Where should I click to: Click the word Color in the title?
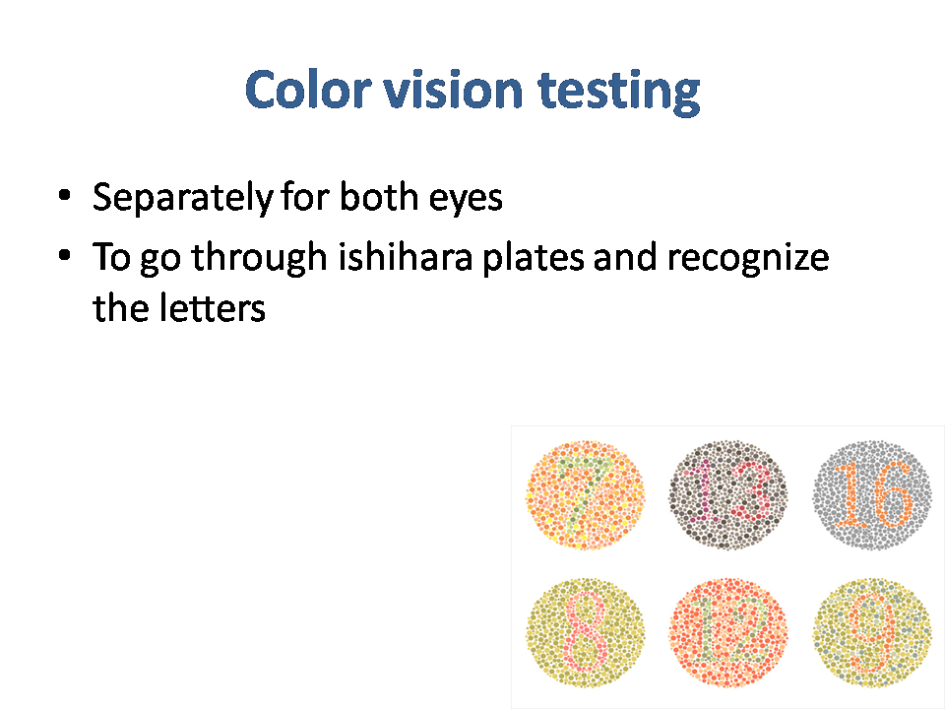(x=307, y=90)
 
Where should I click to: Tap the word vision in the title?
(x=453, y=90)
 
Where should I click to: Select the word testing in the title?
(x=619, y=92)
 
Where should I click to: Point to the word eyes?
(x=466, y=200)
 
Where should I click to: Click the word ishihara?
(x=405, y=256)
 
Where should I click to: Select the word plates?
(x=534, y=258)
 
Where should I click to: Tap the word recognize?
(x=748, y=258)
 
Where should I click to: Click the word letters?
(x=213, y=307)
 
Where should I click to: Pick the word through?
(x=259, y=258)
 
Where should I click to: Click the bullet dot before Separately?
(x=65, y=195)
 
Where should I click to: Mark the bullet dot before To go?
(x=65, y=255)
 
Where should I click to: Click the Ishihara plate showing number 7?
(x=585, y=495)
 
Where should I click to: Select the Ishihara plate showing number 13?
(x=728, y=495)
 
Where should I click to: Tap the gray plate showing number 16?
(x=871, y=495)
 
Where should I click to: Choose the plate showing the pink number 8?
(x=585, y=632)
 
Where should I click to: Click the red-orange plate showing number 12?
(x=728, y=632)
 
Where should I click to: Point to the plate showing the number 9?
(x=871, y=632)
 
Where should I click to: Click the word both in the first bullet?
(x=379, y=197)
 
